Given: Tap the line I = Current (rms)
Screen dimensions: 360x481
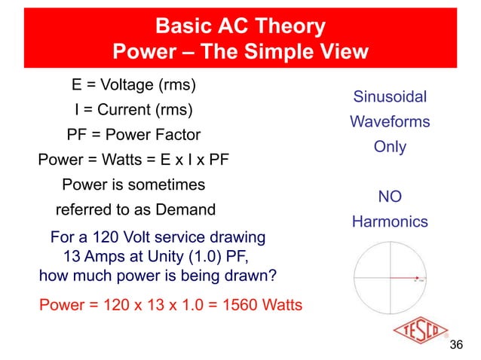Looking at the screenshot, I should point(133,110).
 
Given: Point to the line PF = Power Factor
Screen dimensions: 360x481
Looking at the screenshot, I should point(133,136).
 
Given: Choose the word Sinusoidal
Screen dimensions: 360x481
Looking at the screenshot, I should point(390,97).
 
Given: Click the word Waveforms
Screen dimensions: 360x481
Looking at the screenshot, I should point(390,122).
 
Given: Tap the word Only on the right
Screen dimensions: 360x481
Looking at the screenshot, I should point(390,147).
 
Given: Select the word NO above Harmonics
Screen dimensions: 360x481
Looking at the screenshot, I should point(390,197).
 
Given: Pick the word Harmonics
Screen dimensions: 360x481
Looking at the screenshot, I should point(390,222).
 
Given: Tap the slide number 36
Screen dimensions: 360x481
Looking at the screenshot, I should point(455,345).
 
